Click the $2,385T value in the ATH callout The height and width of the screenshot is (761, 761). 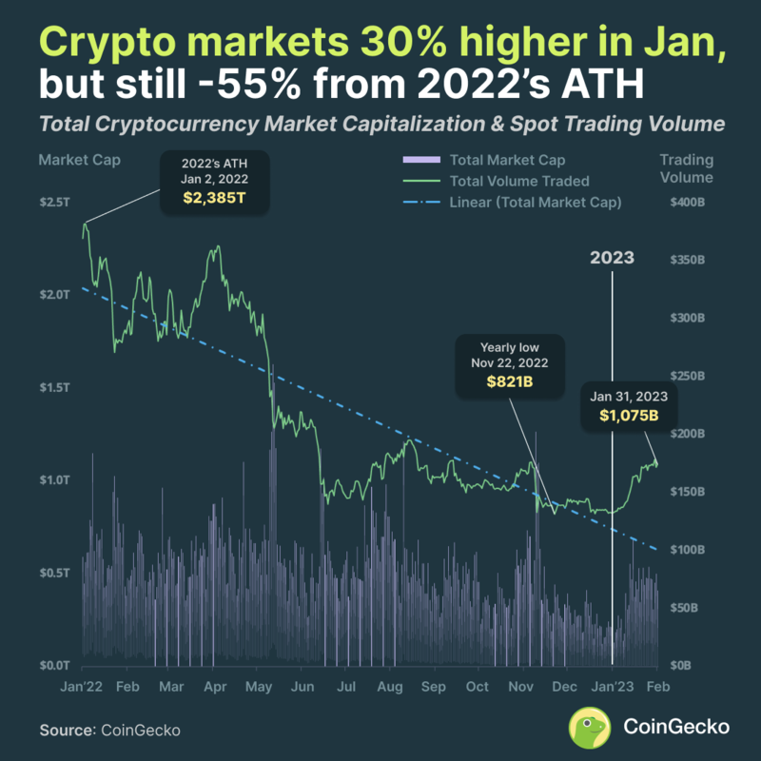214,200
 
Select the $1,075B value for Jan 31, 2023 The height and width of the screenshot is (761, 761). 630,416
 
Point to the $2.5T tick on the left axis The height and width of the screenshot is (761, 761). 54,203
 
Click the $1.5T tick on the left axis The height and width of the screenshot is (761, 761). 54,388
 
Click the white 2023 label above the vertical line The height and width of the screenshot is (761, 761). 612,259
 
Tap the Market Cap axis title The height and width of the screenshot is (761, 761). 67,159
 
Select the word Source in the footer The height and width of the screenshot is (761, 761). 65,730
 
